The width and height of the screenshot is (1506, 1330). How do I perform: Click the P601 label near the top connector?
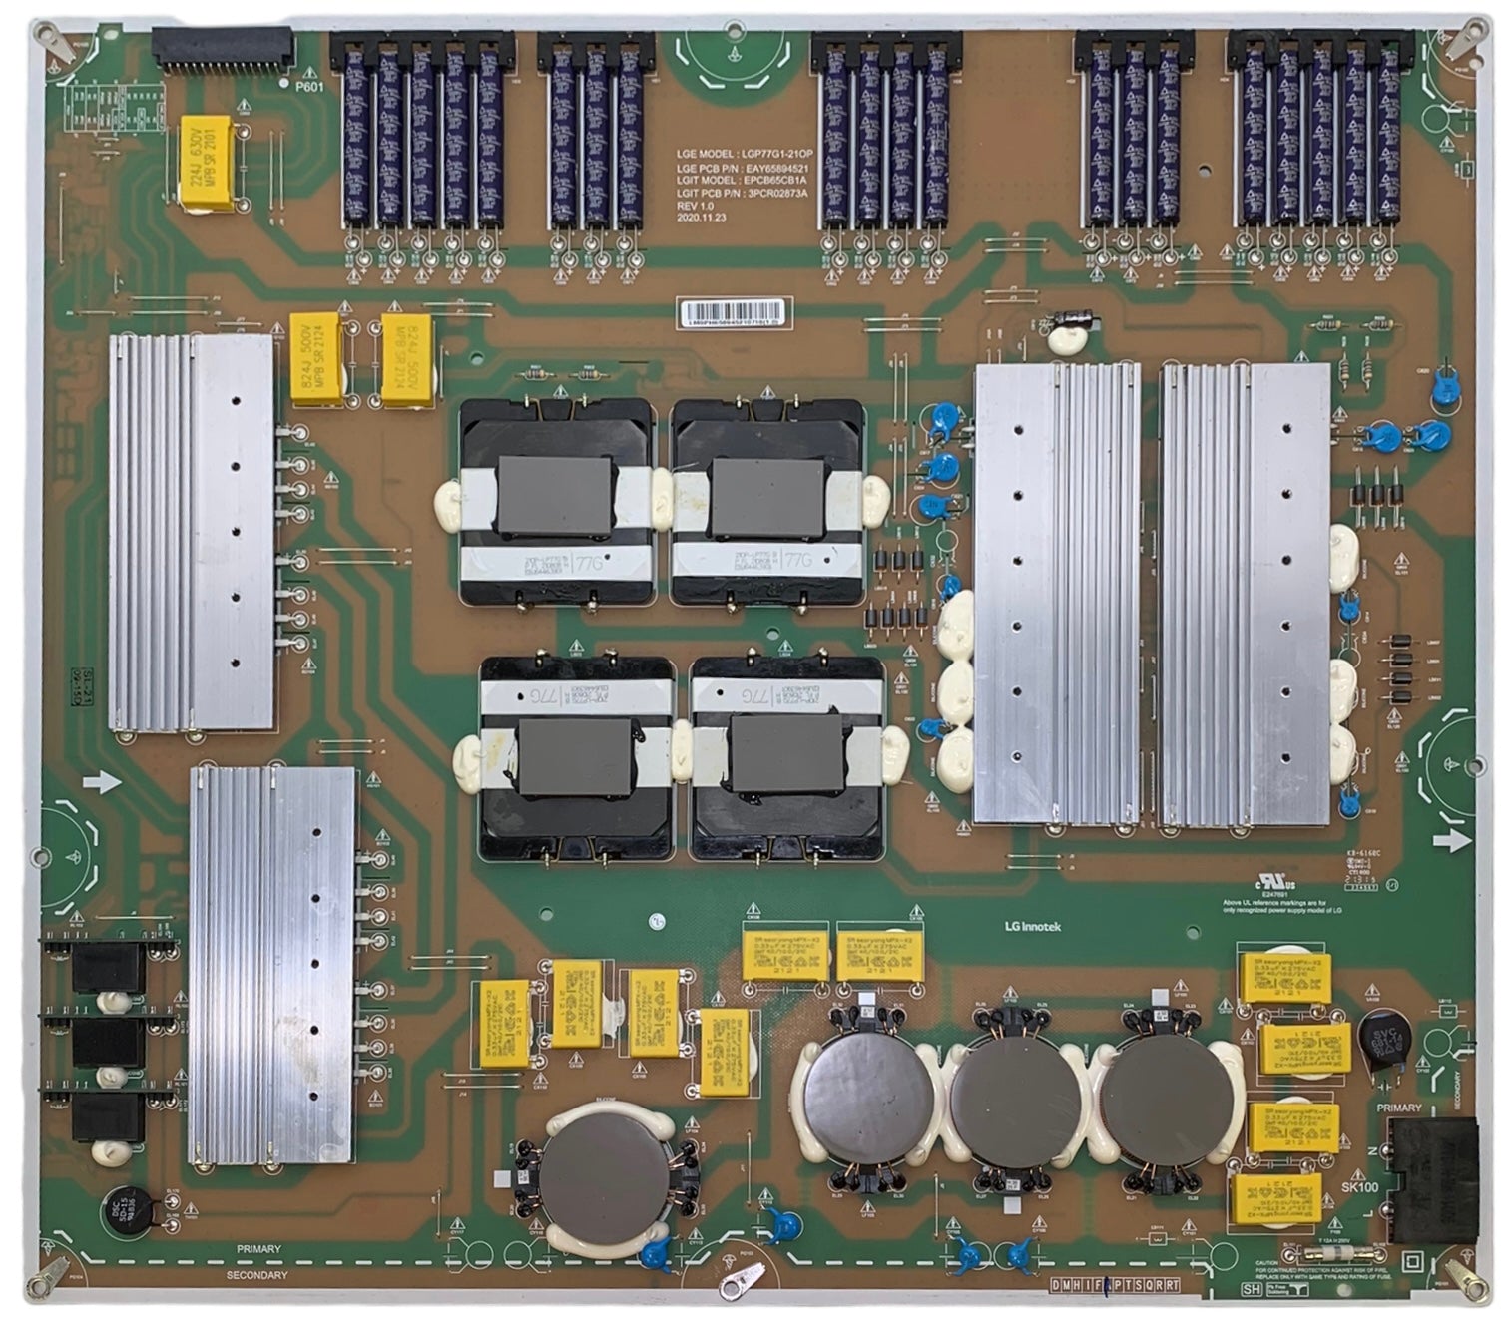[310, 87]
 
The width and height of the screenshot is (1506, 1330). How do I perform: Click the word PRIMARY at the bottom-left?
[258, 1249]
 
